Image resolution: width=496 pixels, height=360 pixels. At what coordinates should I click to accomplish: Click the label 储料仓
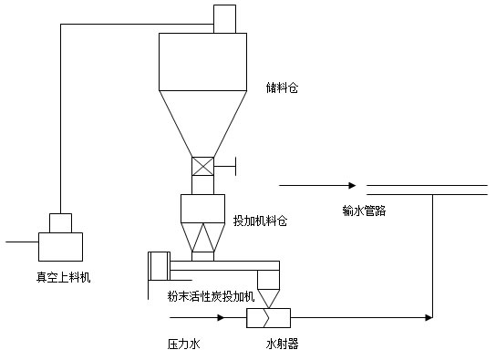[282, 88]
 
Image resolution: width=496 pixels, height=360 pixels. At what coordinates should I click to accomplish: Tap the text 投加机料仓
[260, 221]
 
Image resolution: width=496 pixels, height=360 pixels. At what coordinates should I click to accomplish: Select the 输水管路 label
[364, 210]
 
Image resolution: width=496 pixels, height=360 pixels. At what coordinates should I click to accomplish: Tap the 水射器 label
[282, 345]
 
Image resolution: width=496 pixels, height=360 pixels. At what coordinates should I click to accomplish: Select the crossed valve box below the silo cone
[201, 167]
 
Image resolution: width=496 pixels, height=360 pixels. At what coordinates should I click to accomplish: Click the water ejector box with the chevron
[269, 318]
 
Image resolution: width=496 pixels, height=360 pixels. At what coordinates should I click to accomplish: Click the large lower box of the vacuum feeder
[60, 247]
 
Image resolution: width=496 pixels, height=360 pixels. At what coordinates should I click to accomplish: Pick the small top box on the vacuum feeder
[60, 223]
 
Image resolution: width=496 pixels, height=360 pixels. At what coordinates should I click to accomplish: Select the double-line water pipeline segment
[426, 190]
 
